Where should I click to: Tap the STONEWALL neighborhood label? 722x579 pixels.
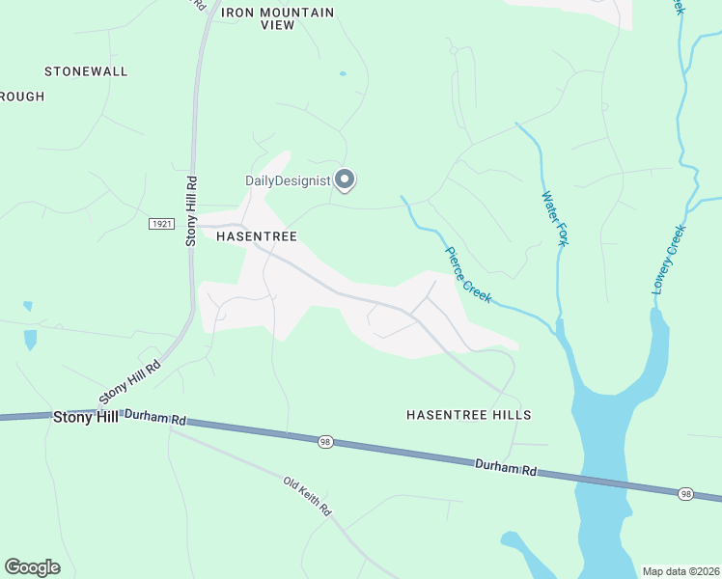(86, 71)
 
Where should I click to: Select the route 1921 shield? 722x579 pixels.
(161, 224)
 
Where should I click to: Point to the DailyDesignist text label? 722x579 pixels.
(287, 180)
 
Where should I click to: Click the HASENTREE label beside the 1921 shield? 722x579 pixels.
(256, 235)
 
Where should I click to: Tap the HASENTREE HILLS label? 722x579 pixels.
(469, 415)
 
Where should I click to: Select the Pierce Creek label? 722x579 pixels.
(468, 276)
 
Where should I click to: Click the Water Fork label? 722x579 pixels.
(553, 219)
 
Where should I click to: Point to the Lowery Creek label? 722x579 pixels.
(668, 259)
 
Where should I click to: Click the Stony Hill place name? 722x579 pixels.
(85, 417)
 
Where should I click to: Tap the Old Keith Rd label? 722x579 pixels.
(308, 495)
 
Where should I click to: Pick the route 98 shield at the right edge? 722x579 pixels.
(685, 494)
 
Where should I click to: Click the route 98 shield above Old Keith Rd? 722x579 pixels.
(326, 441)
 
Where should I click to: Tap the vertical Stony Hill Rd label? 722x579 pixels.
(191, 209)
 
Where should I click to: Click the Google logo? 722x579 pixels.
(32, 567)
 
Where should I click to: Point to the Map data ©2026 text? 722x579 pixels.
(680, 571)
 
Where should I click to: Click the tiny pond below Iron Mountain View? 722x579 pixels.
(343, 73)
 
